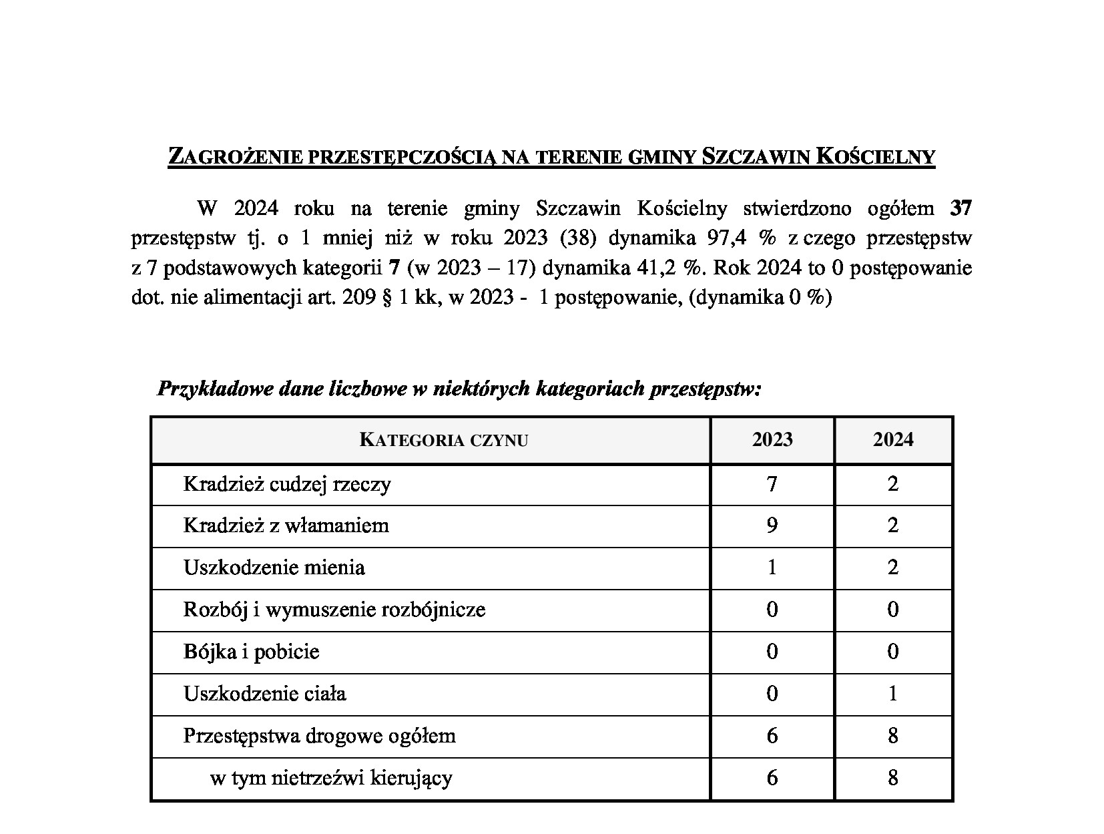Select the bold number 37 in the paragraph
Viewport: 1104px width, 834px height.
click(961, 209)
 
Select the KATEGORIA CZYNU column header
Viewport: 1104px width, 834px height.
click(444, 440)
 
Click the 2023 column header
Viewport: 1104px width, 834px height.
click(772, 439)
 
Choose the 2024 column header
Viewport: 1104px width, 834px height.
click(893, 439)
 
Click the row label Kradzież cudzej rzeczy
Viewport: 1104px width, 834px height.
click(287, 484)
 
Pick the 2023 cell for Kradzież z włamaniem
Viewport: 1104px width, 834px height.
click(772, 526)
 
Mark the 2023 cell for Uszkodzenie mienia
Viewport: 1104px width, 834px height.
click(772, 568)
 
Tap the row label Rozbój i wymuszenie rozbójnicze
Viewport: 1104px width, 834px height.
click(334, 610)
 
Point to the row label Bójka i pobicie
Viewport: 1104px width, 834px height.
click(252, 652)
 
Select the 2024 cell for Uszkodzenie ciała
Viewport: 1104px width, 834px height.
click(893, 694)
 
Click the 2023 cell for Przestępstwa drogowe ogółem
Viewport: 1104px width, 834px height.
click(772, 736)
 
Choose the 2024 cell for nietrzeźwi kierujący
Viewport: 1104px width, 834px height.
click(893, 778)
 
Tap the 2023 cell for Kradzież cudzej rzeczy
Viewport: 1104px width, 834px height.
click(772, 484)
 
